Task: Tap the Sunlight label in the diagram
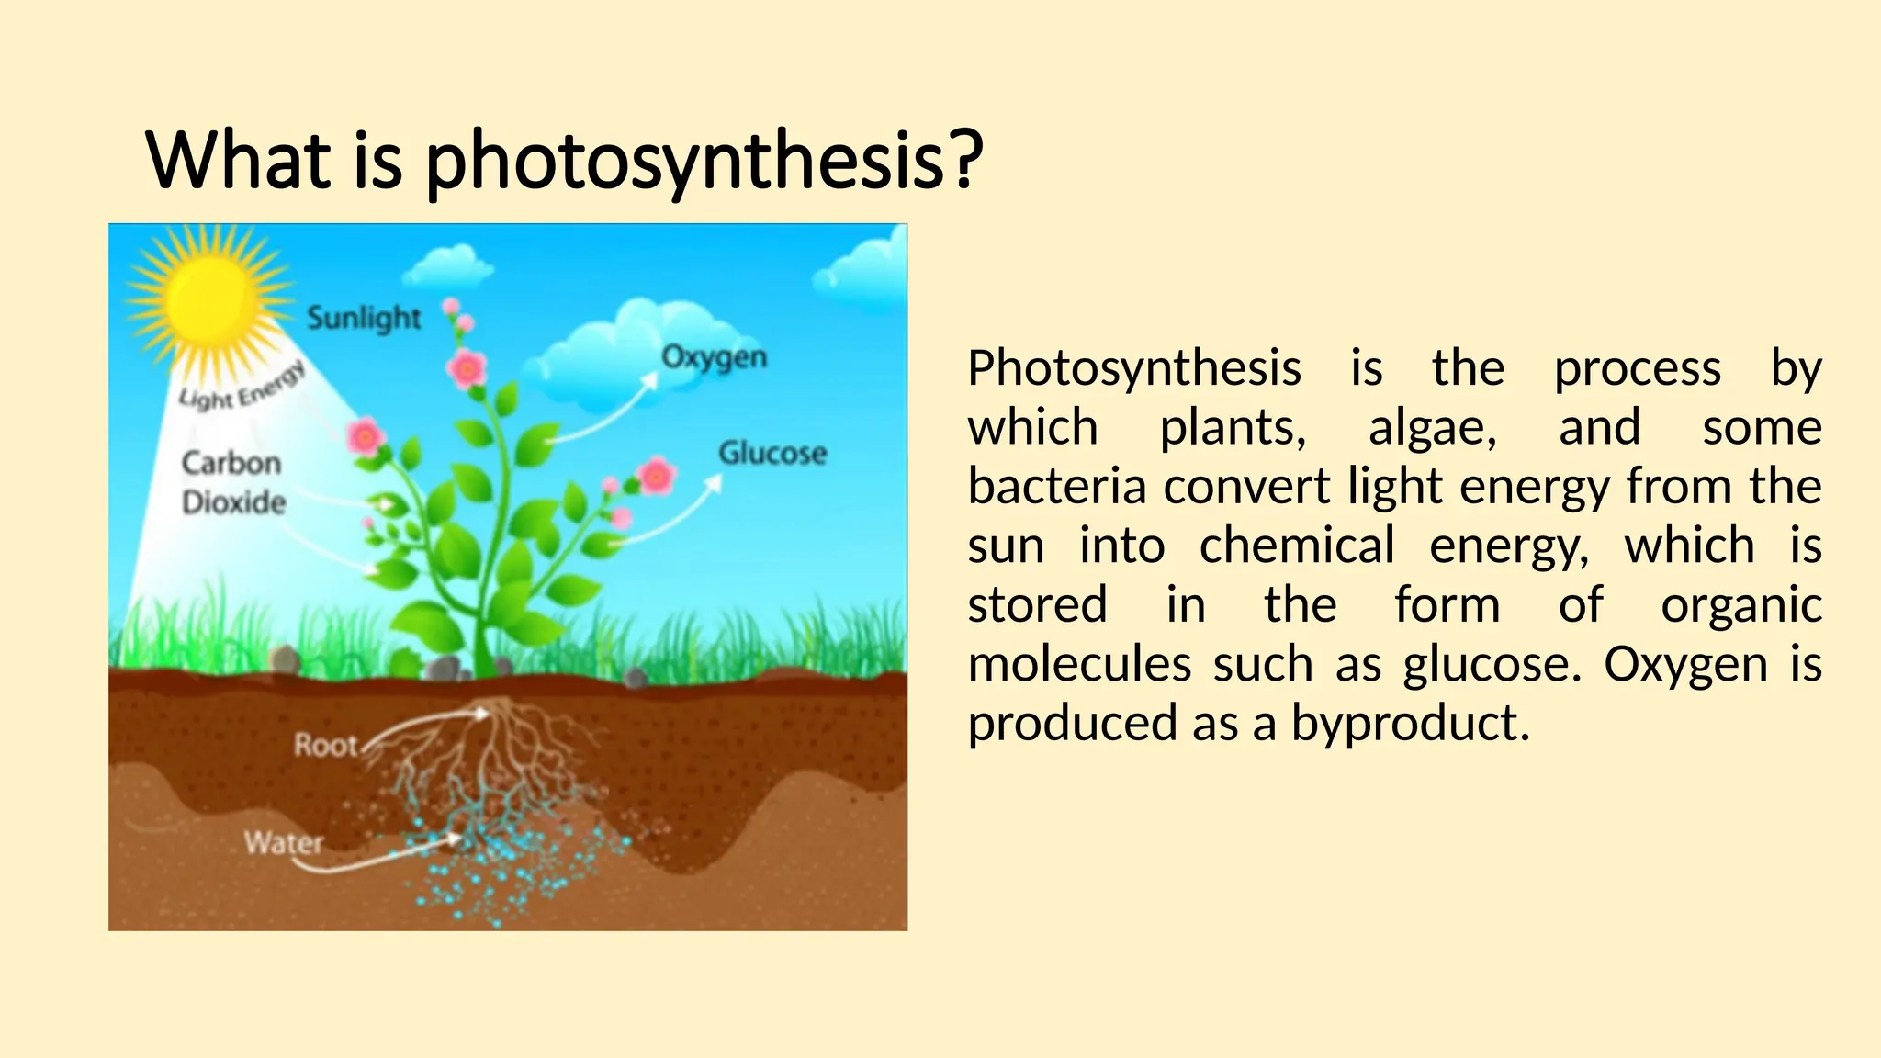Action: click(x=364, y=319)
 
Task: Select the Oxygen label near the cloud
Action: click(x=714, y=357)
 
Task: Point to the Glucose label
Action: click(x=772, y=453)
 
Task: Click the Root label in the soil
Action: click(x=325, y=744)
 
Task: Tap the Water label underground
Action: click(x=284, y=842)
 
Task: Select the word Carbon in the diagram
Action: click(x=231, y=463)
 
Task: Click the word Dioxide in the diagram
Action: click(x=234, y=502)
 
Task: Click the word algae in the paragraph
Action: click(x=1432, y=428)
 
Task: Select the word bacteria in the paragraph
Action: click(x=1056, y=487)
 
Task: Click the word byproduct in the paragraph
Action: click(x=1410, y=724)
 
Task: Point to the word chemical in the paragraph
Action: click(x=1297, y=546)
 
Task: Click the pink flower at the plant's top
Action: click(x=467, y=369)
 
